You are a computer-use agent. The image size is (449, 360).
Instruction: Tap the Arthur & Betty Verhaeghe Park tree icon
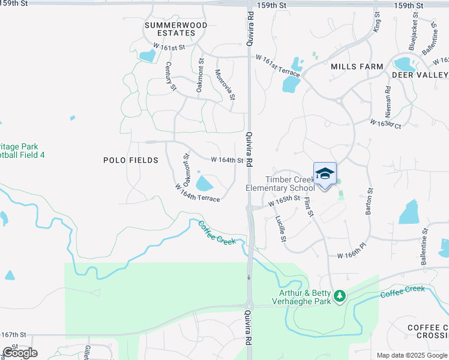coord(340,295)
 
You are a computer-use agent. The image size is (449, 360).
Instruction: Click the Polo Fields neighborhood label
coord(131,160)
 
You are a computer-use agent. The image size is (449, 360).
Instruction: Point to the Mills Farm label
coord(357,67)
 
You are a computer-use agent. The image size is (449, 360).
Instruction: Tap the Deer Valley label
coord(420,74)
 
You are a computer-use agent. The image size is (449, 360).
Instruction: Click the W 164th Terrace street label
coord(197,193)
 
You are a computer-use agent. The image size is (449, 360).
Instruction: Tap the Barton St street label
coord(370,201)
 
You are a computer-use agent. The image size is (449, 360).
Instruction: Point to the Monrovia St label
coord(225,85)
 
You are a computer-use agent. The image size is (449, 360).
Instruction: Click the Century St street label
coord(171,76)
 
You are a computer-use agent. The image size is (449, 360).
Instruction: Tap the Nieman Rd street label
coord(388,101)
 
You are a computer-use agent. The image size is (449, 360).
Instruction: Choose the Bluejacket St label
coord(412,37)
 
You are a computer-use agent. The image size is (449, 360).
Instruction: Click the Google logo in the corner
coord(20,353)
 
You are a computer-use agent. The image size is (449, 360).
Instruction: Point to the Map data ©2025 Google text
coord(412,355)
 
